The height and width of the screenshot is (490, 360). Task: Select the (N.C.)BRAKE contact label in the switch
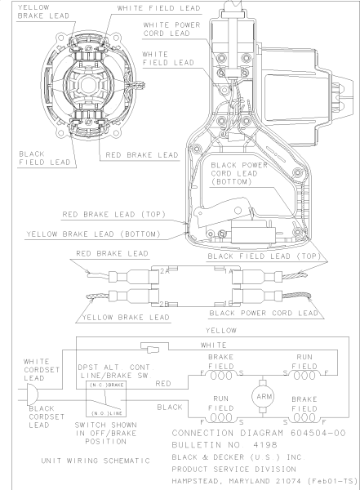tap(105, 384)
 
